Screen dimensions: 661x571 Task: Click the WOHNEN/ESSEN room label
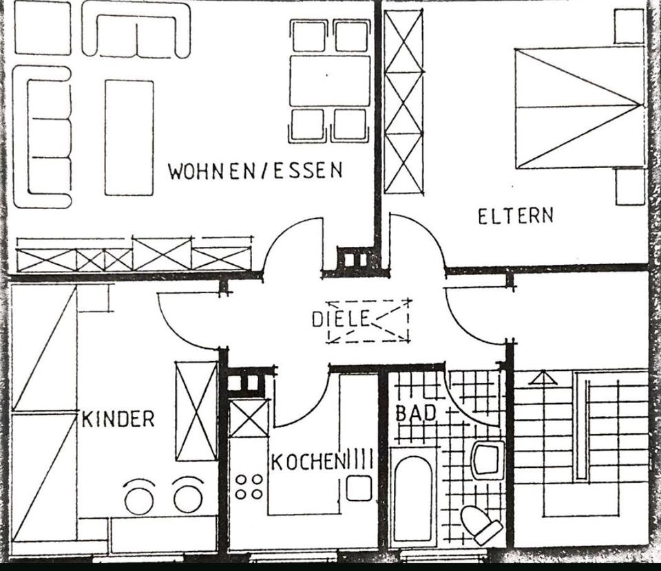point(255,170)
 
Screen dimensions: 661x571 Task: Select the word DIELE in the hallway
point(341,319)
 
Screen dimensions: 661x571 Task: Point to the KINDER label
point(118,419)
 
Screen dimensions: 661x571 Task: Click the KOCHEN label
point(307,462)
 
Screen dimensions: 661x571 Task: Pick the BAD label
point(416,413)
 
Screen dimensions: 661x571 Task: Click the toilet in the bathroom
point(481,526)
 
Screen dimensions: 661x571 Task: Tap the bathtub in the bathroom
point(412,497)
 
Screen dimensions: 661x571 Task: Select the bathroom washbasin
point(487,460)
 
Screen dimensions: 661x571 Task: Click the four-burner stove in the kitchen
point(249,486)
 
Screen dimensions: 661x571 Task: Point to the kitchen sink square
point(359,488)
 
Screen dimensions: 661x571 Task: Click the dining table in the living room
point(330,81)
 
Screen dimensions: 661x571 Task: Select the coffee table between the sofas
point(129,138)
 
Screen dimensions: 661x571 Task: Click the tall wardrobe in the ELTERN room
point(403,102)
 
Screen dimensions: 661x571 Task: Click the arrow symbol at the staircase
point(543,377)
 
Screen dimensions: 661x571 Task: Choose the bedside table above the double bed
point(629,26)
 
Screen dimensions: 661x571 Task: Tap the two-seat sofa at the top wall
point(136,31)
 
